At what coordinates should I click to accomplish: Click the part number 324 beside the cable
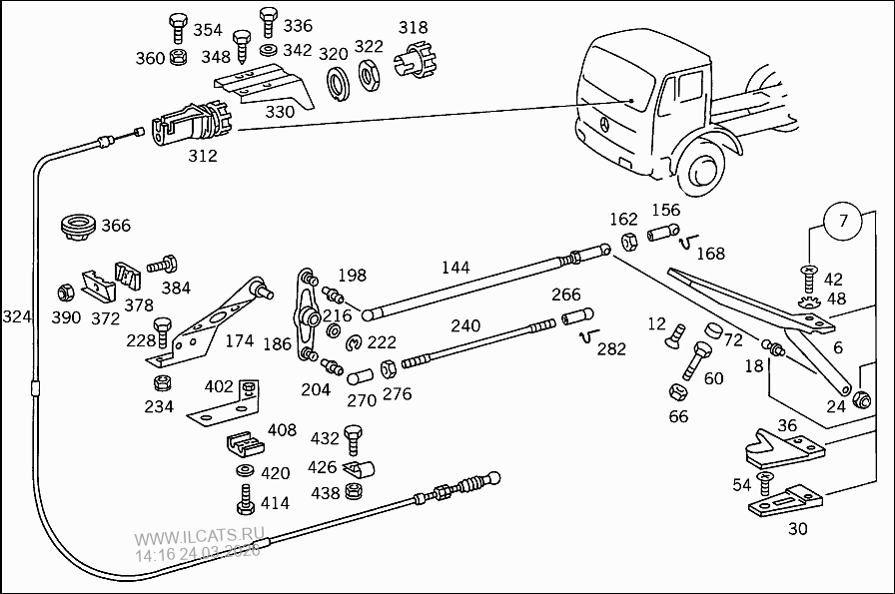(16, 317)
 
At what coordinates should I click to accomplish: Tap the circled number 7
(843, 221)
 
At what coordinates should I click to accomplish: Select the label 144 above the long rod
(456, 268)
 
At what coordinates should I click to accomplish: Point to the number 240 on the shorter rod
(465, 325)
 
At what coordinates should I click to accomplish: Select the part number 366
(116, 226)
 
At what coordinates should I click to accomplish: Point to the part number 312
(203, 156)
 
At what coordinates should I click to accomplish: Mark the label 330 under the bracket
(280, 112)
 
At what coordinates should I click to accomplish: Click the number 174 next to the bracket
(240, 341)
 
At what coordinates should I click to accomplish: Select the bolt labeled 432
(352, 435)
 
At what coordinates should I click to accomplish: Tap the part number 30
(797, 529)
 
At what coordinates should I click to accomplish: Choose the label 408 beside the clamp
(282, 430)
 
